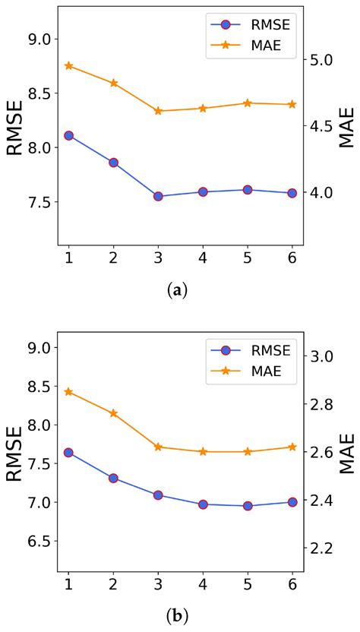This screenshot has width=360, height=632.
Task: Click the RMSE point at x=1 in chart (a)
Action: (68, 135)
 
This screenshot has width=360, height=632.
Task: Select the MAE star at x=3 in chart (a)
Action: (158, 111)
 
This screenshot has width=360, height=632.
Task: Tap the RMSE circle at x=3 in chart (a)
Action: (158, 196)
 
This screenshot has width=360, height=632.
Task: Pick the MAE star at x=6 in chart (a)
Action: (292, 104)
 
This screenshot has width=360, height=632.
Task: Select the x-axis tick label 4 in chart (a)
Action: (203, 258)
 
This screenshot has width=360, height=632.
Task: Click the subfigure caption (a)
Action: (179, 289)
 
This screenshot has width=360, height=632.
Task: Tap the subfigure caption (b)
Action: (179, 613)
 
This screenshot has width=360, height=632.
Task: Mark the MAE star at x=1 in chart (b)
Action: (68, 392)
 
